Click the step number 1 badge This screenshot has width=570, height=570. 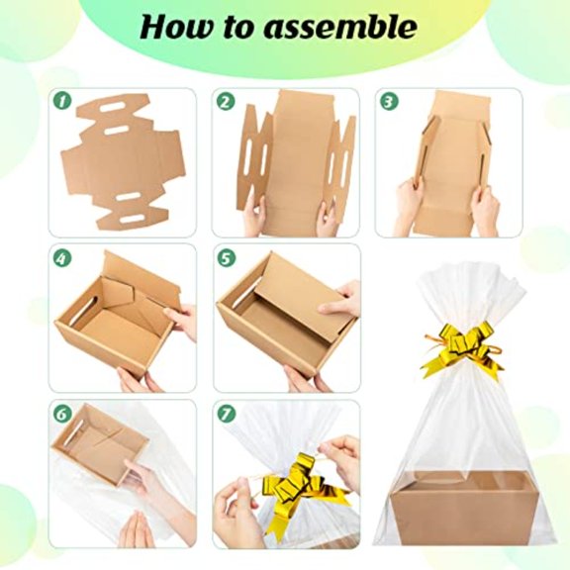62,100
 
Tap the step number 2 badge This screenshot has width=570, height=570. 226,101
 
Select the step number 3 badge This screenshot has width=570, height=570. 389,101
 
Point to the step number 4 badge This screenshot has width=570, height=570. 62,258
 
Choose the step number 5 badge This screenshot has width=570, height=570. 226,258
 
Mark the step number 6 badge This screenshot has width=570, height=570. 62,414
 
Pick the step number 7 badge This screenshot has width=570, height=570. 226,414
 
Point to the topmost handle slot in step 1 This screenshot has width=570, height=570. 114,108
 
